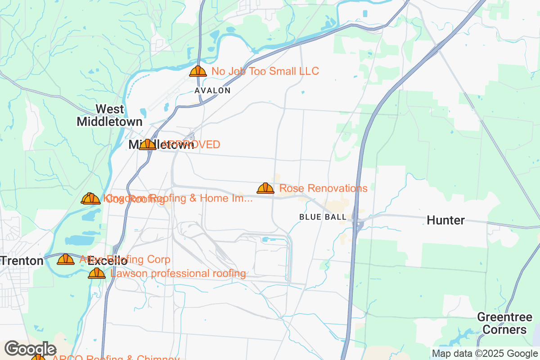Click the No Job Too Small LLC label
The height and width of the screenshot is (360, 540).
265,71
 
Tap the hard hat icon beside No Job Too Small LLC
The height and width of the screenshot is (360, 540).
198,71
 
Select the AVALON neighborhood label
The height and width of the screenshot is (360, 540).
212,90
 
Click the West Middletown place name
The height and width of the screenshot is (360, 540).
109,115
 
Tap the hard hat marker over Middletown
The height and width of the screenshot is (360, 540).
147,144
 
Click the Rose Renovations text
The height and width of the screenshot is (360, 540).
323,188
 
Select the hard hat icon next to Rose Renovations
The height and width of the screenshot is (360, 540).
265,188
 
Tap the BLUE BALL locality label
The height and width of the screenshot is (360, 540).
323,217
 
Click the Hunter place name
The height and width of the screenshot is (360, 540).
445,220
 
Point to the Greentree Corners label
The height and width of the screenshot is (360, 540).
502,323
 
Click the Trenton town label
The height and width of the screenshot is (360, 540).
22,261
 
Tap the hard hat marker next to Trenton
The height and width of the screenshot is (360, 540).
66,259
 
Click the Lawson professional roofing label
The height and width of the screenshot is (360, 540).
178,273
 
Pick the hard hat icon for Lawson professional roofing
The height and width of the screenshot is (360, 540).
97,273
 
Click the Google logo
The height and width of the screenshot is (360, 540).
31,349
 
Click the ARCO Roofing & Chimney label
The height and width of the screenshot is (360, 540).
116,358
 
